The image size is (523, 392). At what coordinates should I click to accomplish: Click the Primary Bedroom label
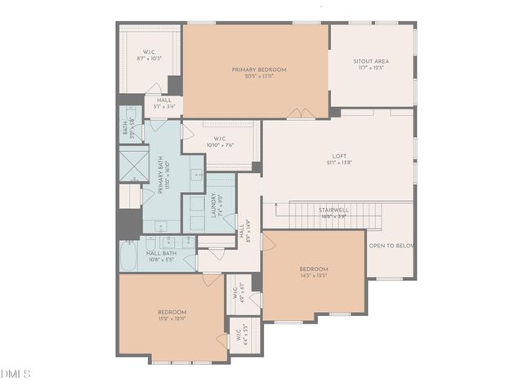[259, 70]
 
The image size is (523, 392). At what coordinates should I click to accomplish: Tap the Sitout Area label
[370, 61]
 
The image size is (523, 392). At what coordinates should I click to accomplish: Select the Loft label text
[339, 156]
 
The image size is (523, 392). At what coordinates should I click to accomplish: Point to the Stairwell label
[333, 210]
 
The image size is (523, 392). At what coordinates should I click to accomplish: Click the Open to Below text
[391, 245]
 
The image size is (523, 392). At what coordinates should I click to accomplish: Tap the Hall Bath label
[159, 254]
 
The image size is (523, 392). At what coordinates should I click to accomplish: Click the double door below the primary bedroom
[298, 114]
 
